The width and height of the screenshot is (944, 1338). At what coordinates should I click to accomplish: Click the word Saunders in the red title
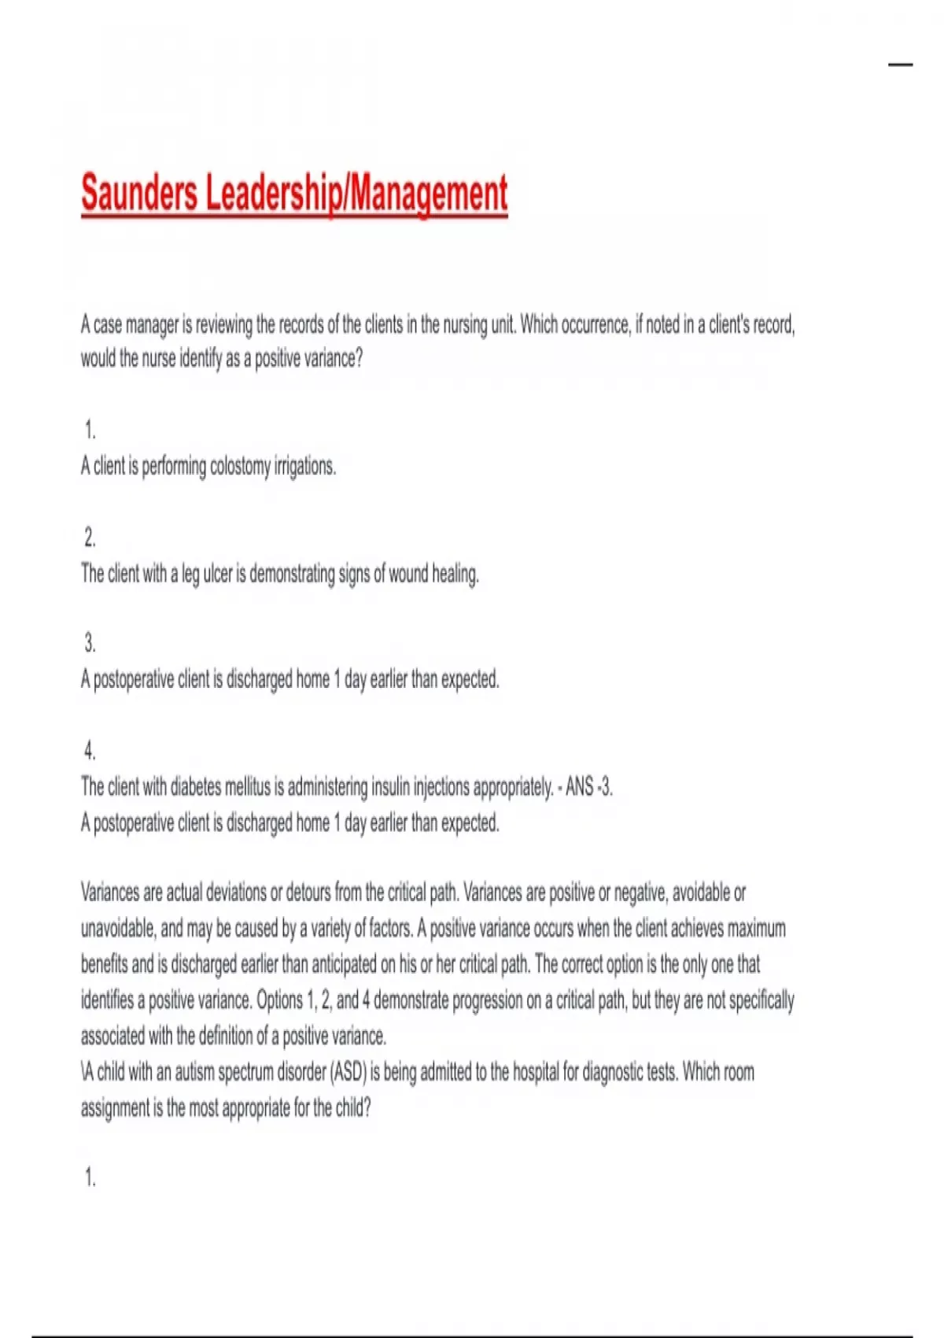(139, 194)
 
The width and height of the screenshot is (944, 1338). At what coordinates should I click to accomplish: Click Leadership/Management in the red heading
(356, 194)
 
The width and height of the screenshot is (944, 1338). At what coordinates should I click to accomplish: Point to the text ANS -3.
(588, 786)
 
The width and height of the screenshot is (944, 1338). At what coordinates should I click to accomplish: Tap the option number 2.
(90, 538)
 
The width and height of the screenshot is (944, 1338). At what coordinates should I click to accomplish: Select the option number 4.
(90, 752)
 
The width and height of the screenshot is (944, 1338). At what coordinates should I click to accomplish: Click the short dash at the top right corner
(900, 65)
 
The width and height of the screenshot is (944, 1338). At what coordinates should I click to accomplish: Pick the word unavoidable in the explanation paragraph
(118, 929)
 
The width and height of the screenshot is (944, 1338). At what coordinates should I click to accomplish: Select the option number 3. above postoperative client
(90, 644)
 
